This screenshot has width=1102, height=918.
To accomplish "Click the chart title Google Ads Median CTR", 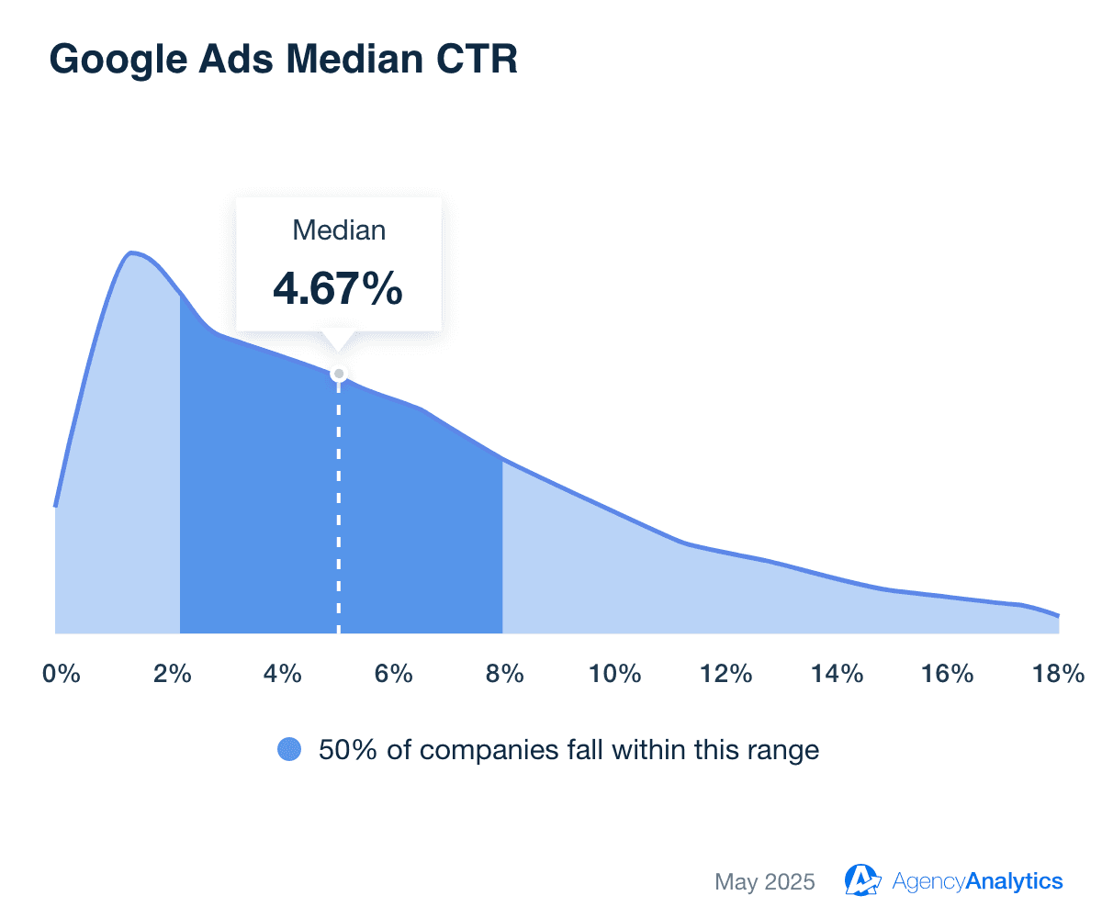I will [283, 59].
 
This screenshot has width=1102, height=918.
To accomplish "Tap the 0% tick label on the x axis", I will [62, 674].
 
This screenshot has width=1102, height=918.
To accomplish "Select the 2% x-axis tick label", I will [172, 674].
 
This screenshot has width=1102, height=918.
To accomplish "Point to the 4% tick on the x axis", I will [283, 674].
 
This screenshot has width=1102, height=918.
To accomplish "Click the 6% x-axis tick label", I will [394, 674].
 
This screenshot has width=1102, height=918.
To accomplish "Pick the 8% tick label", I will [505, 674].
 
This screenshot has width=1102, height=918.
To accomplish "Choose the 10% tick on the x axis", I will [615, 674].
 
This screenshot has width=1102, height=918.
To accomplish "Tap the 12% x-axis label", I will [726, 674].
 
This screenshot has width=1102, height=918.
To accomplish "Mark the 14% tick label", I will [838, 674].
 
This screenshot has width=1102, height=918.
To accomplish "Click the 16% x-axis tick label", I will [948, 674].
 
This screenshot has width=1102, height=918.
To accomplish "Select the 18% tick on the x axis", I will [1059, 674].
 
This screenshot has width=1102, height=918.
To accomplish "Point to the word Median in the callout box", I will [339, 230].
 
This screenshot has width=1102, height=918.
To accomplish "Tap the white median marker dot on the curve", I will [339, 374].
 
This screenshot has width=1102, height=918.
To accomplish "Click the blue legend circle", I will [289, 750].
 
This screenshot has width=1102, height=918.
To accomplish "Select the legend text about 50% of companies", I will [568, 750].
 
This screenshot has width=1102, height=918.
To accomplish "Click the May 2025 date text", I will [764, 881].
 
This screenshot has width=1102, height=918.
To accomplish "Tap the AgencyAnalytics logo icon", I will [863, 880].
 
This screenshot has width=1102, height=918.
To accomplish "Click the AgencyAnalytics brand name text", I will [977, 881].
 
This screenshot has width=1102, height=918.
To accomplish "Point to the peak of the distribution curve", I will [132, 252].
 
